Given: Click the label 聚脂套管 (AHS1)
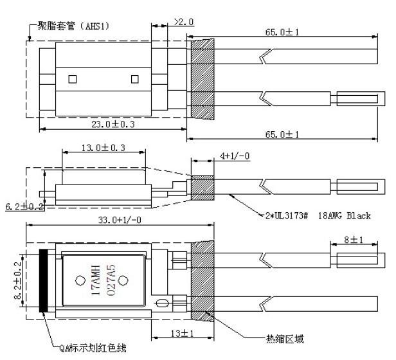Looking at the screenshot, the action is click(73, 26).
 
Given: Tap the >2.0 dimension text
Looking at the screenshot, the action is click(184, 22).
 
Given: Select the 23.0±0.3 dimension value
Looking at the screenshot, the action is click(113, 124).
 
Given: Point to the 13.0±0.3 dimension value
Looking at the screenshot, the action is click(104, 148).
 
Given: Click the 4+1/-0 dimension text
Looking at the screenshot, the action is click(235, 156).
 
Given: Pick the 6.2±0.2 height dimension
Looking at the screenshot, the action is click(24, 206).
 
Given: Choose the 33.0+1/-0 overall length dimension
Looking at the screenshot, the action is click(120, 220).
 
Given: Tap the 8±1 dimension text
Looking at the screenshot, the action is click(354, 240).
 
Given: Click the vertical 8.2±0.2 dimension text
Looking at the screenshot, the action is click(18, 280).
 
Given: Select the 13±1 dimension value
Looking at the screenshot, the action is click(182, 334).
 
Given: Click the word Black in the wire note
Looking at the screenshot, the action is click(358, 215).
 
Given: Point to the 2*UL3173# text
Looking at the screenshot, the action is click(287, 215).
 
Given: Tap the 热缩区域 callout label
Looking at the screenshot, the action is click(285, 339).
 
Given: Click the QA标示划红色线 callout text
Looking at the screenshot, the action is click(93, 348).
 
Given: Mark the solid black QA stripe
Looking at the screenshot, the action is click(44, 281).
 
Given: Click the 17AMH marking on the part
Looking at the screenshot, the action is click(96, 280).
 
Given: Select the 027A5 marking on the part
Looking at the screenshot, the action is click(111, 280).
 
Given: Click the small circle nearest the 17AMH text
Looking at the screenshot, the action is click(80, 280).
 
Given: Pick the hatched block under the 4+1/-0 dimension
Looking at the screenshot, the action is click(203, 188).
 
